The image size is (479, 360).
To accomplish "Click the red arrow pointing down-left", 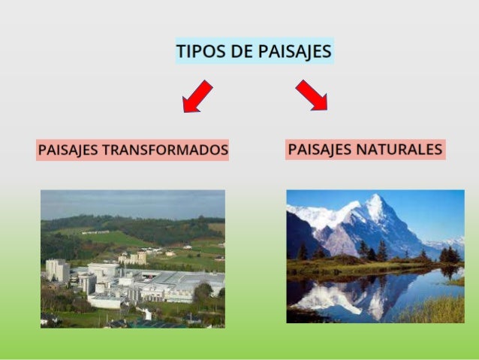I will (197, 97).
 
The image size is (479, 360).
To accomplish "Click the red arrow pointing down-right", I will (312, 95).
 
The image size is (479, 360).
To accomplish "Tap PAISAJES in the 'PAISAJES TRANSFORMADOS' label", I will (68, 150).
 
